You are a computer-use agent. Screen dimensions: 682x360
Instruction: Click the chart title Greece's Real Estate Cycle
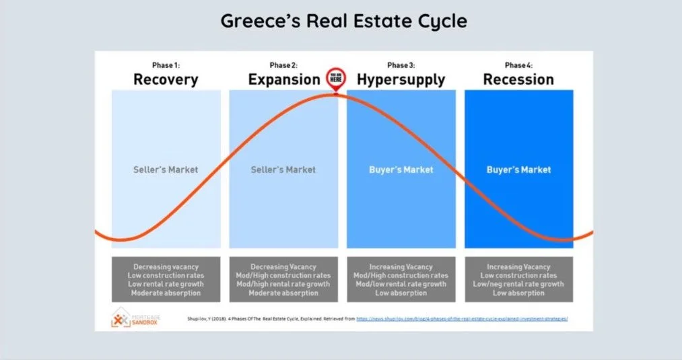(343, 21)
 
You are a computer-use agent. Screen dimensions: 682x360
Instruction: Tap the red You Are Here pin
(335, 79)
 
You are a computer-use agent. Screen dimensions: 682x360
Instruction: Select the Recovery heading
(166, 79)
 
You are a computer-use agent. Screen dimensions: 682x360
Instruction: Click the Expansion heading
(284, 79)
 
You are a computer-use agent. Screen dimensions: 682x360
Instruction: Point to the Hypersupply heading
(401, 79)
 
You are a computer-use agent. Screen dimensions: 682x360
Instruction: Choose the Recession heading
(518, 79)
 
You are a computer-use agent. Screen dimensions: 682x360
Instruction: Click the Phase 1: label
(166, 65)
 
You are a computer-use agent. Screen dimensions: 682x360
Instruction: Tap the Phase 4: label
(518, 65)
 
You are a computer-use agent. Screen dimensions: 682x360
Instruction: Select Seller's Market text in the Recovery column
(166, 170)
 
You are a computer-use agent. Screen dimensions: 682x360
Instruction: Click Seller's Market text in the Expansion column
(283, 170)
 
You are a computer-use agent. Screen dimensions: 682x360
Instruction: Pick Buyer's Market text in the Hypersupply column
(401, 170)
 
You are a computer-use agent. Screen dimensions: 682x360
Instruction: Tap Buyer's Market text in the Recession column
(518, 170)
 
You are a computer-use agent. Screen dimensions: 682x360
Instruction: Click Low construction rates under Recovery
(166, 275)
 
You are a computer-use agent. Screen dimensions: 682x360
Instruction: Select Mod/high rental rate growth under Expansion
(283, 284)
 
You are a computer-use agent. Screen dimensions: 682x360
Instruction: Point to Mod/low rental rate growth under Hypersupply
(401, 284)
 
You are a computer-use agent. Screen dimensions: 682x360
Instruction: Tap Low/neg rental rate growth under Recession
(518, 284)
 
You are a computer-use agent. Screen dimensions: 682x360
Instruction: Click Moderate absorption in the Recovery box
(166, 293)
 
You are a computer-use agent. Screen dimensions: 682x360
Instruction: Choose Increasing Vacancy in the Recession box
(518, 267)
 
